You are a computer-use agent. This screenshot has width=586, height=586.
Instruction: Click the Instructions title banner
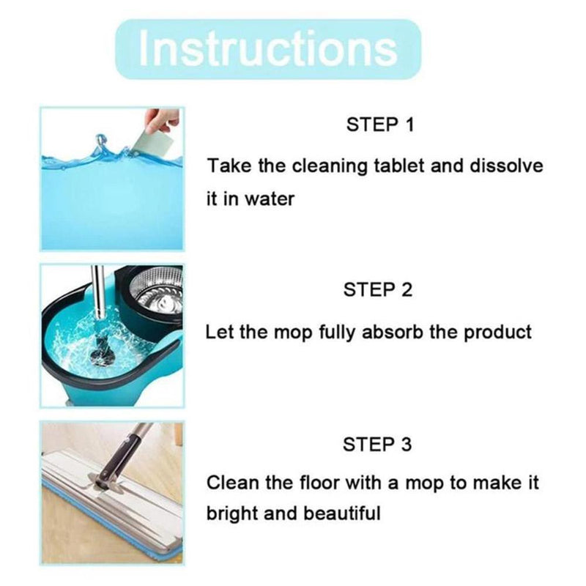pos(268,49)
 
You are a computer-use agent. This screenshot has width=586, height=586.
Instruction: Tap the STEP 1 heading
pos(380,125)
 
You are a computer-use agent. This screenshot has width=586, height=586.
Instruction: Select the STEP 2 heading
pos(378,289)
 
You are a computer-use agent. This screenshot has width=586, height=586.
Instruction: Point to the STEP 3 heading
pos(377,445)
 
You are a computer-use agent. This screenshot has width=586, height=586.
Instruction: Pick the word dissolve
pos(506,166)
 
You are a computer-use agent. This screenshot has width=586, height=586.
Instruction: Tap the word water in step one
pos(270,199)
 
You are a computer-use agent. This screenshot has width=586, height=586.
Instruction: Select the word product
pos(497,333)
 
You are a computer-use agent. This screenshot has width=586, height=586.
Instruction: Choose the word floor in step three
pos(320,482)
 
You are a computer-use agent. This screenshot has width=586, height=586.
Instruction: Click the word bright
pos(232,513)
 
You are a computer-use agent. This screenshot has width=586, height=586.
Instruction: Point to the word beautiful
pos(341,513)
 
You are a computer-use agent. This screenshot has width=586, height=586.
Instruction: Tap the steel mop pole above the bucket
pos(99,292)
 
